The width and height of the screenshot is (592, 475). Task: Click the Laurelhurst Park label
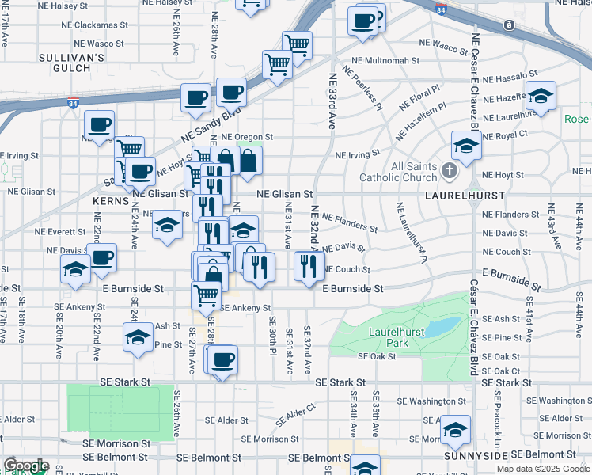(x=388, y=337)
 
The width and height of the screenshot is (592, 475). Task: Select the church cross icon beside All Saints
(x=449, y=170)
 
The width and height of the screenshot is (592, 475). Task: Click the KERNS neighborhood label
(x=110, y=203)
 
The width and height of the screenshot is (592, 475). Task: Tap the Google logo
(x=26, y=465)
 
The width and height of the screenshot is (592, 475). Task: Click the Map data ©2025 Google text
(x=543, y=469)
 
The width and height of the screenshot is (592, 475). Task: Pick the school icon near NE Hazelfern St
(x=541, y=96)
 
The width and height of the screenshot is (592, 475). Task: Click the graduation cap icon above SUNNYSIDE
(x=454, y=430)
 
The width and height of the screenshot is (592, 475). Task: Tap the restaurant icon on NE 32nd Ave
(x=309, y=266)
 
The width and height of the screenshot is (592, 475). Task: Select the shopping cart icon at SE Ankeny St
(x=206, y=295)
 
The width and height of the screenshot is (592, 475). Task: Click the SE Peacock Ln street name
(x=497, y=420)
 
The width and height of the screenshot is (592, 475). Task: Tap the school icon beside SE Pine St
(x=138, y=337)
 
